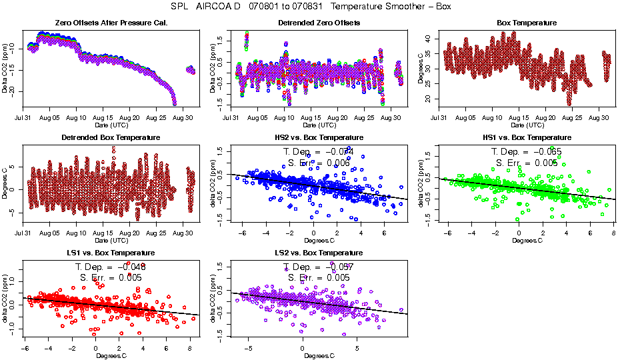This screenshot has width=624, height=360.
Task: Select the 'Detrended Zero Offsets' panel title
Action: point(319,23)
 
